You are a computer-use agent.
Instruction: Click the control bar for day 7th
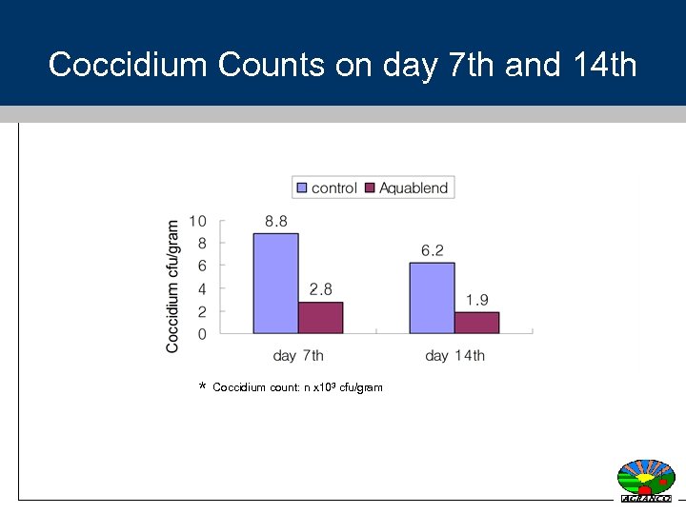(x=275, y=283)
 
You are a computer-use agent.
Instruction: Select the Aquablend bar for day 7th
(x=320, y=317)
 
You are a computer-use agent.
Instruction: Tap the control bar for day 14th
(x=432, y=298)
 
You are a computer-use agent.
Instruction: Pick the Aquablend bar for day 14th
(x=476, y=323)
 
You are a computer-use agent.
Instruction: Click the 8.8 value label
(x=276, y=221)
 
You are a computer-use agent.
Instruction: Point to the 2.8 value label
(x=321, y=289)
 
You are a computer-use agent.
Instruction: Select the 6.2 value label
(x=433, y=250)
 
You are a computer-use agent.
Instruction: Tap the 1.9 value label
(x=477, y=300)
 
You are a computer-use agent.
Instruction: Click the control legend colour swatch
(x=302, y=188)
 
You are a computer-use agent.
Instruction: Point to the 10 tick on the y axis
(x=197, y=221)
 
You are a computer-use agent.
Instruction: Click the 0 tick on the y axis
(x=202, y=334)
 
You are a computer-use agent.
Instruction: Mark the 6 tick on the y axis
(x=202, y=266)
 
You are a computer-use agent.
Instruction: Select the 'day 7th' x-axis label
(x=298, y=356)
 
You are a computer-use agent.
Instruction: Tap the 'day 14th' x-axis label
(x=454, y=356)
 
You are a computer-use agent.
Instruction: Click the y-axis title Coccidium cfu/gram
(x=172, y=287)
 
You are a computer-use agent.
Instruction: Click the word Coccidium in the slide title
(x=128, y=65)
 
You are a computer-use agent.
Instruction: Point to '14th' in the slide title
(x=605, y=65)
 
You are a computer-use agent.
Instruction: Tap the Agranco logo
(x=646, y=480)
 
